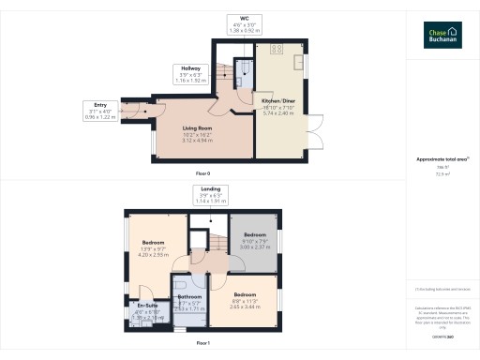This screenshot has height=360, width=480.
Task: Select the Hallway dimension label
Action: point(190,74)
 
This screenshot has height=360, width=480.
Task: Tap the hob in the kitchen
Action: point(276,49)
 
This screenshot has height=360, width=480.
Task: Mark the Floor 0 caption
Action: point(202,174)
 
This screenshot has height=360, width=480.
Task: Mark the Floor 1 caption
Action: point(202,344)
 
